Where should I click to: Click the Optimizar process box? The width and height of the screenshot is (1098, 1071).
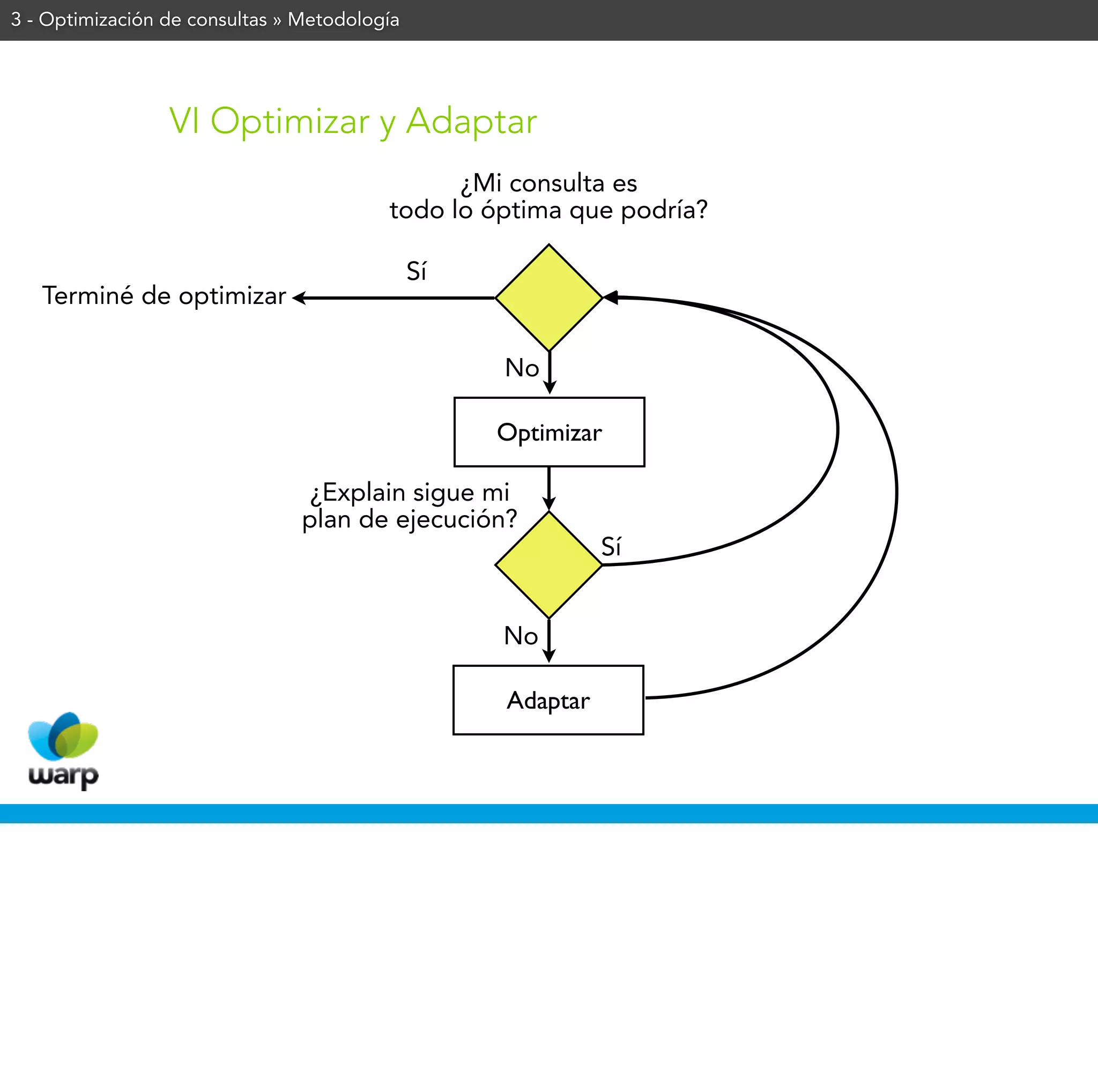click(549, 432)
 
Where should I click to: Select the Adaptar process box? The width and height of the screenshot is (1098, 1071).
click(548, 700)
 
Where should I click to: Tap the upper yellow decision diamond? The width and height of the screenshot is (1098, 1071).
click(549, 297)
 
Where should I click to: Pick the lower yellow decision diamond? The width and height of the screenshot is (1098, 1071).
click(549, 565)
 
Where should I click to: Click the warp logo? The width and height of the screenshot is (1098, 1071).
click(63, 750)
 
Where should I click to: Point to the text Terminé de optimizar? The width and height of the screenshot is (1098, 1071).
click(164, 296)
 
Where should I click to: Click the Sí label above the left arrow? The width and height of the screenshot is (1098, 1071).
click(416, 272)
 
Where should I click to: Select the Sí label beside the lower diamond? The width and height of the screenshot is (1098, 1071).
click(611, 547)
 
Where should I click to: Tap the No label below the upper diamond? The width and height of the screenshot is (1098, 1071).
click(522, 368)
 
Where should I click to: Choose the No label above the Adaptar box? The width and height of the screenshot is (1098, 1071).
click(521, 636)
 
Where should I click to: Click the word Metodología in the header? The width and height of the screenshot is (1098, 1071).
click(343, 20)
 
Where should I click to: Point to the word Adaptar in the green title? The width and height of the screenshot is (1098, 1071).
click(471, 121)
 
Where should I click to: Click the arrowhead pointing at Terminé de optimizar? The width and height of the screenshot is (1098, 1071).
click(299, 298)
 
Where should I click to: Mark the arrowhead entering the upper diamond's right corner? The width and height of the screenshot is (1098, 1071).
click(611, 297)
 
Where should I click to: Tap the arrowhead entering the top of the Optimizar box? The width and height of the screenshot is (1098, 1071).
click(550, 388)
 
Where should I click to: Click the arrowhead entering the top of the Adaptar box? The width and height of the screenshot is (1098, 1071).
click(549, 657)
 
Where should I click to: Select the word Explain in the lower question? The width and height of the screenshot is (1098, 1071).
click(364, 493)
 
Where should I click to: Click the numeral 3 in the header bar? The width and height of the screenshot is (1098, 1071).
click(16, 20)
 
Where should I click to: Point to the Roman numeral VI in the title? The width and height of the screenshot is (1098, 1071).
click(184, 121)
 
